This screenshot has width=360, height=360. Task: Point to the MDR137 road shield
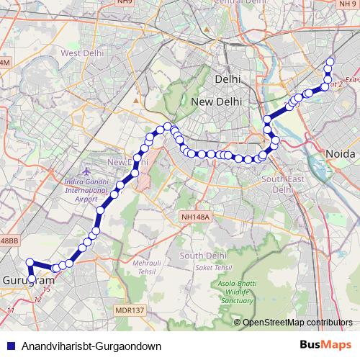pos(129,310)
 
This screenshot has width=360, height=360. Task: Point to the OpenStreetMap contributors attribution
pos(297,323)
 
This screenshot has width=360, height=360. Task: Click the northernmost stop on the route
pos(330,62)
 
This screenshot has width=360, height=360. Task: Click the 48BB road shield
pos(9,240)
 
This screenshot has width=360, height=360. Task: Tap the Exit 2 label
pos(350,81)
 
